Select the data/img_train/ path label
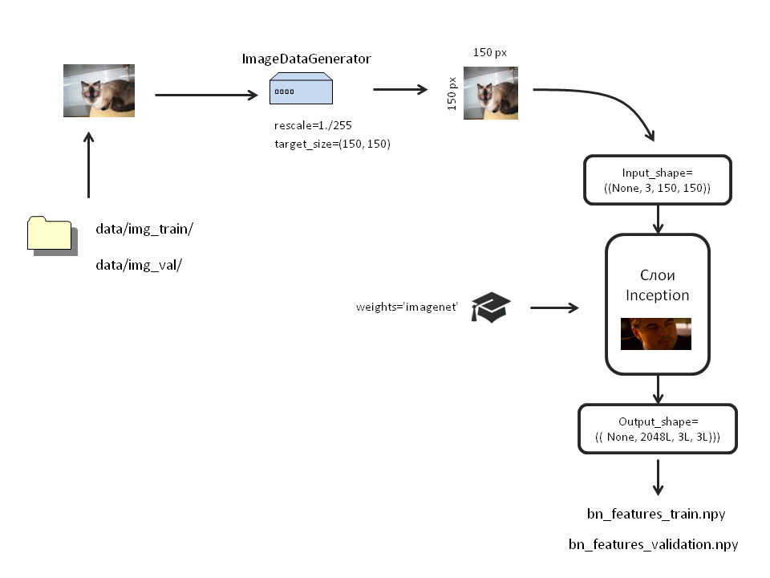point(144,229)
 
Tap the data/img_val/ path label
point(139,265)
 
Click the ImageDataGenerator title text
point(306,59)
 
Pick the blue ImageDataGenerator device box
point(301,89)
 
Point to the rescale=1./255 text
point(313,126)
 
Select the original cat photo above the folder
point(99,91)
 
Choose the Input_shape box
point(658,180)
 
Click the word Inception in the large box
point(657,295)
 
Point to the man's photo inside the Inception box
point(656,334)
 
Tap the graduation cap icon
point(490,307)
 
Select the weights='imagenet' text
point(407,307)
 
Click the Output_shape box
point(658,429)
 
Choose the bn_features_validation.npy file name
point(653,545)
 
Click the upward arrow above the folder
point(89,165)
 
